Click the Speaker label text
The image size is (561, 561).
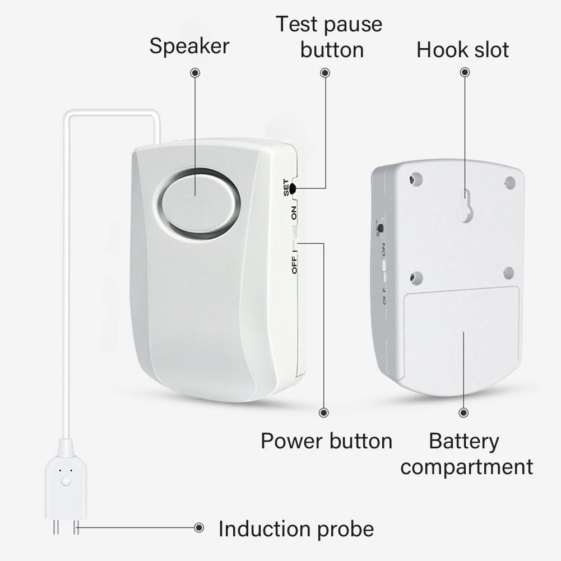189,46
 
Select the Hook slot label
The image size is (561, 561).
462,50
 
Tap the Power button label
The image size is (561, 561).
326,441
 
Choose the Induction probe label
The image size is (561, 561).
296,528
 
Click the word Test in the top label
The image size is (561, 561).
296,24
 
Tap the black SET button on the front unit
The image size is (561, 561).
292,189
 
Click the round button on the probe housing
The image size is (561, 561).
66,481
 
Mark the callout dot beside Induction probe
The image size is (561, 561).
198,527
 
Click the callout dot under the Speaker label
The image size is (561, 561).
195,73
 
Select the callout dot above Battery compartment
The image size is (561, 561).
463,412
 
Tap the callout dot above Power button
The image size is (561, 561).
323,412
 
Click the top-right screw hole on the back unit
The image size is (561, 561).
509,182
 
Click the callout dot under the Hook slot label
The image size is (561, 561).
465,73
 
